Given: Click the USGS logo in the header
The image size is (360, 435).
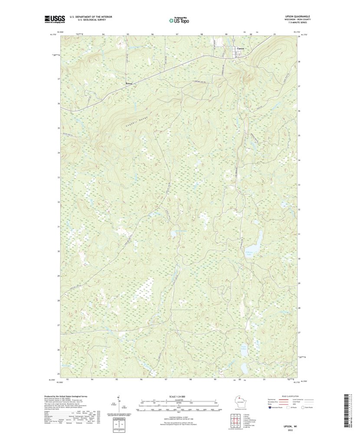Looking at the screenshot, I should pos(54,19).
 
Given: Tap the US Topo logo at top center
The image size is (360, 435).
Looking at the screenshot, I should pos(179,20).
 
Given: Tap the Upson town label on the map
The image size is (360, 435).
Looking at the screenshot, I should pos(241,48).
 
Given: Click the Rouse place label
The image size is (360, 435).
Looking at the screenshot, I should pos(128,83).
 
